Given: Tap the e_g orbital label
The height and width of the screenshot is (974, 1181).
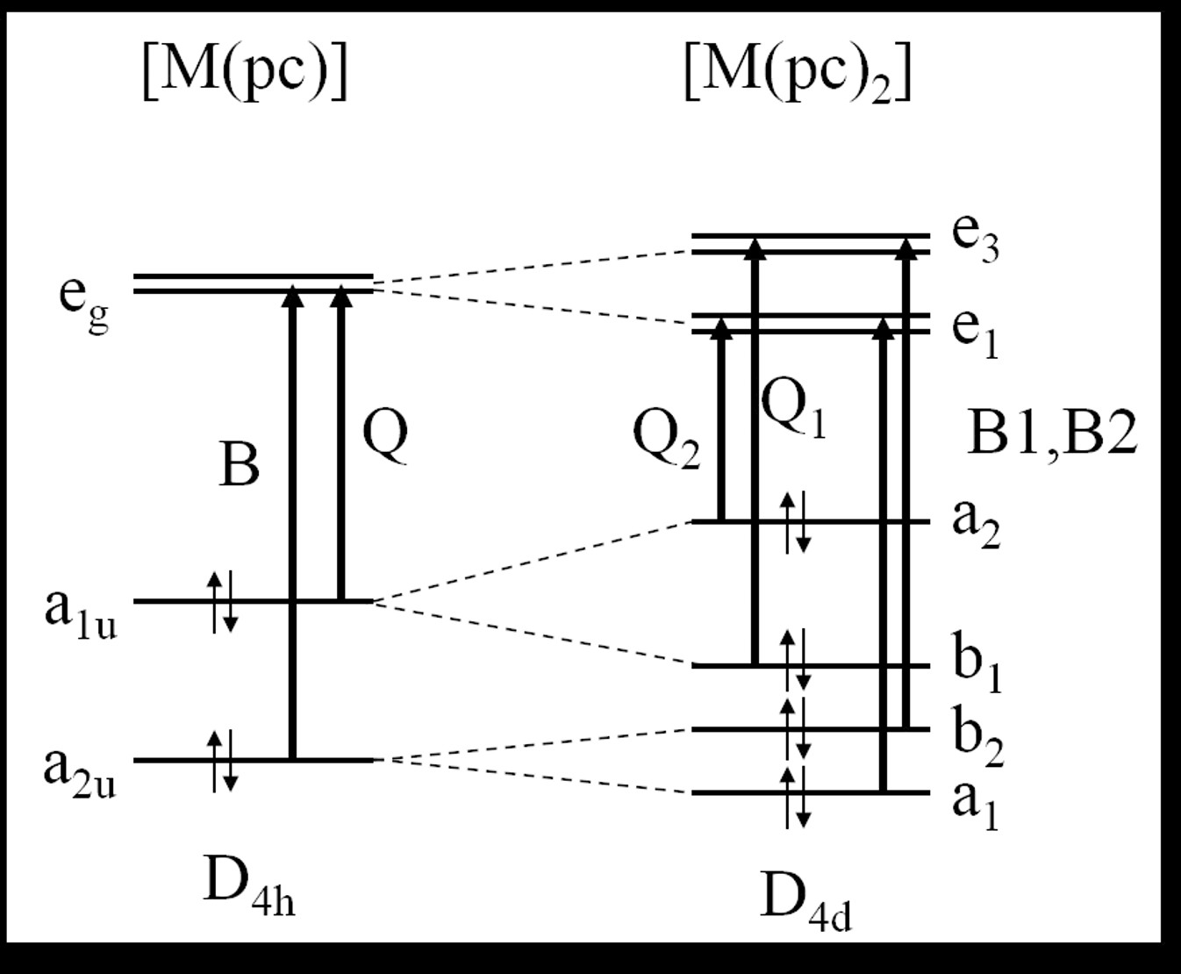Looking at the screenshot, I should point(84,298).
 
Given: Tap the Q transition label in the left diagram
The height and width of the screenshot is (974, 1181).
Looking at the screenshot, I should point(385,435).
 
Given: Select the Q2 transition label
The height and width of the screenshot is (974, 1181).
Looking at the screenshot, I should point(667,440).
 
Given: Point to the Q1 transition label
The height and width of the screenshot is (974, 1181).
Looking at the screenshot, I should point(793,409).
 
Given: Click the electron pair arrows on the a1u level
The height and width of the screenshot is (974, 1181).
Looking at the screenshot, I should point(222,602).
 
